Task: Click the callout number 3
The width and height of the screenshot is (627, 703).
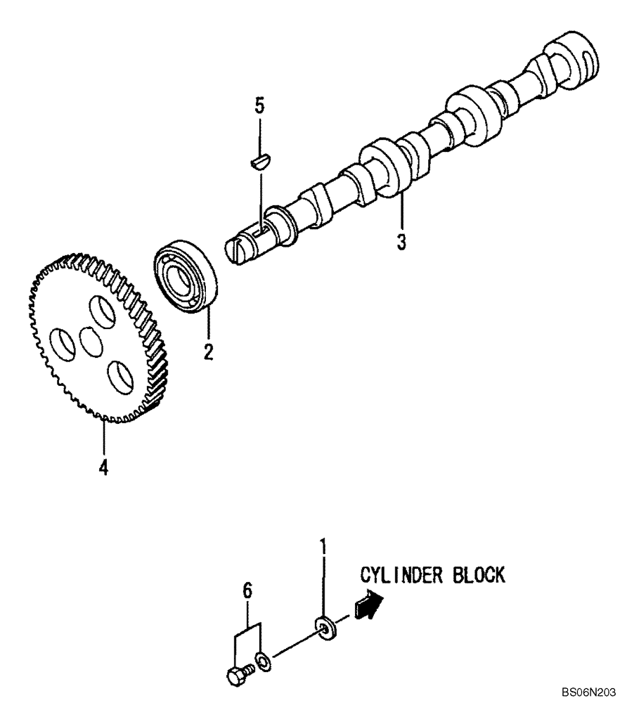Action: (x=401, y=242)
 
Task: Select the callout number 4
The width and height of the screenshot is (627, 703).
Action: (x=103, y=467)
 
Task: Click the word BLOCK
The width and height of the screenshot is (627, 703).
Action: (x=478, y=575)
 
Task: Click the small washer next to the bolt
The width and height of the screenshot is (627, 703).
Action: (x=261, y=660)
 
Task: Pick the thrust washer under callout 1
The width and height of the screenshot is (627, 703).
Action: (x=325, y=627)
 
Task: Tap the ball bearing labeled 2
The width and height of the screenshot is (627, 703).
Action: (x=186, y=275)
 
